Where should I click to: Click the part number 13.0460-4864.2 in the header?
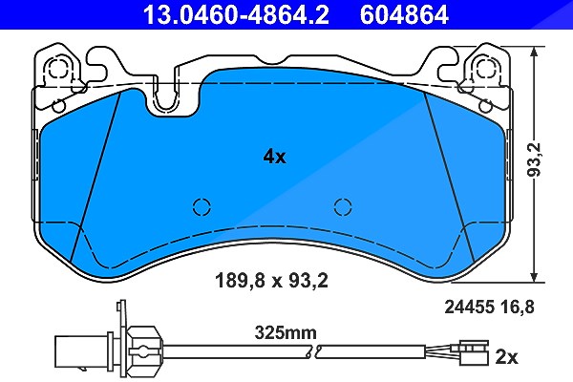[236, 14]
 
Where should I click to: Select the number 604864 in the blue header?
[404, 14]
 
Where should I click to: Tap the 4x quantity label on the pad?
[274, 158]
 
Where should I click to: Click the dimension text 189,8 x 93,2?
[271, 281]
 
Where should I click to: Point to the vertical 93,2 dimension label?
[535, 159]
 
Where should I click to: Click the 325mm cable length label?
[286, 333]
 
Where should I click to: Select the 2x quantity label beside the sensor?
[506, 357]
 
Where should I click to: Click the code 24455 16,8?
[489, 308]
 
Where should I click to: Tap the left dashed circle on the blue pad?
[202, 207]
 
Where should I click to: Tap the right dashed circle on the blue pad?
[343, 207]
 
